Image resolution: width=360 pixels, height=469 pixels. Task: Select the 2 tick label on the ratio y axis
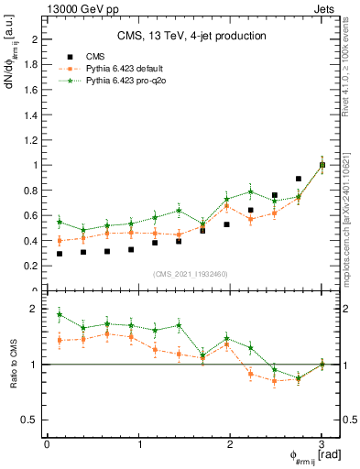(33, 310)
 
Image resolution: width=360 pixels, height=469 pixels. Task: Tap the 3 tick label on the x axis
(322, 444)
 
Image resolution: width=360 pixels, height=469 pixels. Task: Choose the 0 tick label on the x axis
(47, 444)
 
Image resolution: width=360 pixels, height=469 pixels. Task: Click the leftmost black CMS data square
(60, 254)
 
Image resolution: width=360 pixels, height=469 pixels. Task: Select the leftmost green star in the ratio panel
(60, 314)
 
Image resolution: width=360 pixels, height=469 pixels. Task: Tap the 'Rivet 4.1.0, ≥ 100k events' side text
(351, 74)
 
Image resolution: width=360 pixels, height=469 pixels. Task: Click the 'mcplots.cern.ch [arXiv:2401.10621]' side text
(351, 210)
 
